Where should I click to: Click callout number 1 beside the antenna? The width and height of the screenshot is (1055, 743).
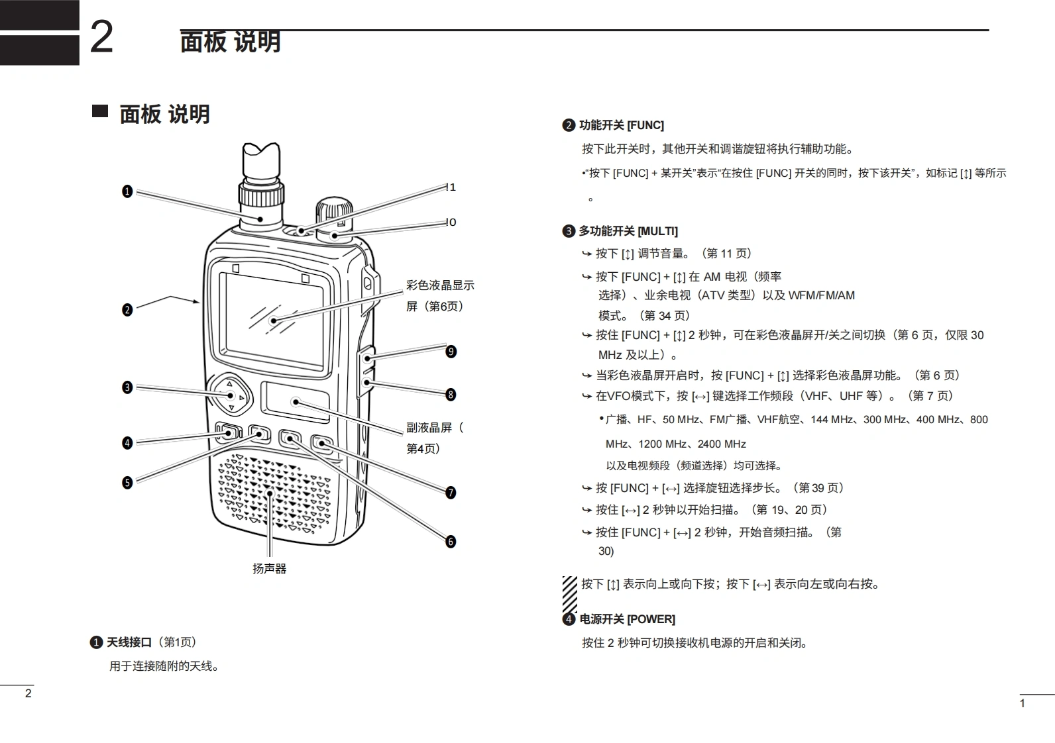pos(127,191)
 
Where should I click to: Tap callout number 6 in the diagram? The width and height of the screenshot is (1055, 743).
pos(451,542)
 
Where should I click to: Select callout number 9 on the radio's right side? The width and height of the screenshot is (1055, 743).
pos(451,352)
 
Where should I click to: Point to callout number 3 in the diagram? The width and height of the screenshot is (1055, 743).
pos(127,387)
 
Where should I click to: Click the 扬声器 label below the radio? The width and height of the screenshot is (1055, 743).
pos(270,568)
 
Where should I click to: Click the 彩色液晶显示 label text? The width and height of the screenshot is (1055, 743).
pos(441,285)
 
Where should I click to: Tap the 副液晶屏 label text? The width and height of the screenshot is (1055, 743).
pos(429,428)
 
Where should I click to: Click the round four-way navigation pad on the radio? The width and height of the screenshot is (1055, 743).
pos(231,396)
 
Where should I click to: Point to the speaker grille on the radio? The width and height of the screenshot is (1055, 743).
pos(274,493)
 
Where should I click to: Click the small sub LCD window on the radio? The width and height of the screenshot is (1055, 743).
pos(296,401)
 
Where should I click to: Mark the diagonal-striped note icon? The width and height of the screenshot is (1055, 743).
pos(569,594)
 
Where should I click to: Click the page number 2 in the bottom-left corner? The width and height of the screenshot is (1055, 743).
pos(28,693)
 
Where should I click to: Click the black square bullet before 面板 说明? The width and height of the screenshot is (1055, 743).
pos(100,111)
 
